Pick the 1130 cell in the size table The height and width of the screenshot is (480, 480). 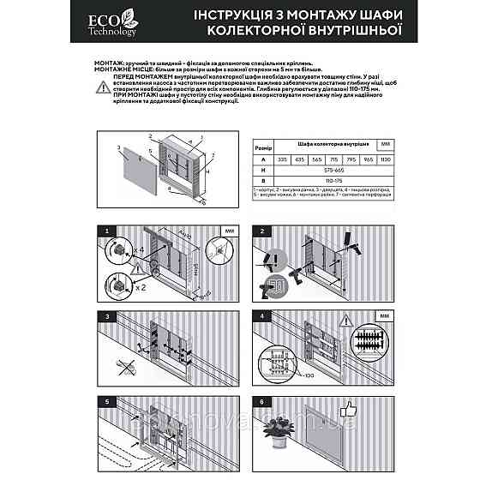[x=385, y=158]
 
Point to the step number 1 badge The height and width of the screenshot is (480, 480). [x=106, y=231]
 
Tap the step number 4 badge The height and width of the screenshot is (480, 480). [x=258, y=316]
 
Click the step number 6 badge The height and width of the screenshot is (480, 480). [x=258, y=401]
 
